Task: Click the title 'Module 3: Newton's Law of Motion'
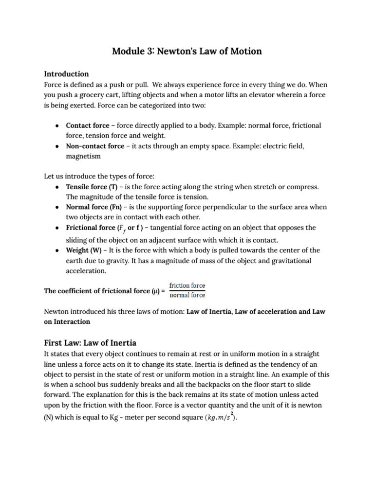click(x=187, y=51)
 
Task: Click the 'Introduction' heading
click(x=66, y=74)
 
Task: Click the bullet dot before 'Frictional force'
click(x=57, y=228)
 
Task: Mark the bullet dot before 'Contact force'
click(x=57, y=125)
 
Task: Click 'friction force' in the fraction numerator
click(x=187, y=285)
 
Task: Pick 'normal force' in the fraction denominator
click(x=187, y=295)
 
